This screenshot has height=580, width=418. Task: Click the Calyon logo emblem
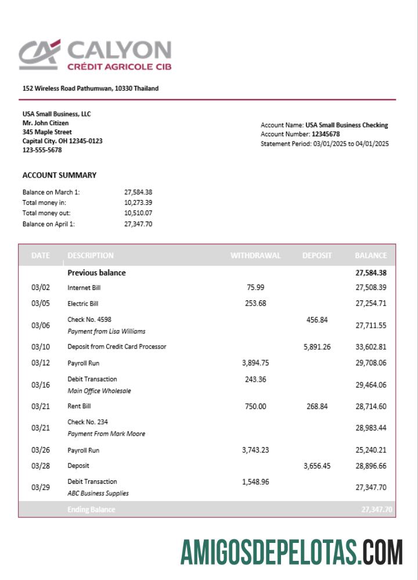point(39,55)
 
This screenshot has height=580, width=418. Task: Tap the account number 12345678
point(326,134)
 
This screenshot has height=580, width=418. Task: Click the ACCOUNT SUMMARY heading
point(59,175)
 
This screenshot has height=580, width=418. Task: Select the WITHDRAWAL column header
point(255,255)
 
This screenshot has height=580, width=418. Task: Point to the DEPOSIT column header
point(317,255)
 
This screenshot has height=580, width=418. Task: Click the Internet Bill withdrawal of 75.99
point(255,287)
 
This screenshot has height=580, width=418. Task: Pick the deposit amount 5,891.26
point(317,347)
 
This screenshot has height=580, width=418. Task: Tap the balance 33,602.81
point(371,347)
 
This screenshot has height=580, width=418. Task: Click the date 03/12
point(41,363)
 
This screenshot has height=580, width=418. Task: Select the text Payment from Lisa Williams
point(106,332)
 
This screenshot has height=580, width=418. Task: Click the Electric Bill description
point(83,303)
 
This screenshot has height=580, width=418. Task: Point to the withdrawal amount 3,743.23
point(255,450)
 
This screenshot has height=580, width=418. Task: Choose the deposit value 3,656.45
point(317,466)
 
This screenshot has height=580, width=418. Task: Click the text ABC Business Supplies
point(98,494)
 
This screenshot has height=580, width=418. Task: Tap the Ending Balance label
point(91,510)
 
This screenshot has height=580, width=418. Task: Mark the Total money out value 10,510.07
point(138,213)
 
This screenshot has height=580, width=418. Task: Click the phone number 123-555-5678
point(42,150)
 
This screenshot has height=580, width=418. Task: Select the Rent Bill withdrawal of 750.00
point(255,407)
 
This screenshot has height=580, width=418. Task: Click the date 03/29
point(41,488)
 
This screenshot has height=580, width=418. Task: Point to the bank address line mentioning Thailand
point(91,89)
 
